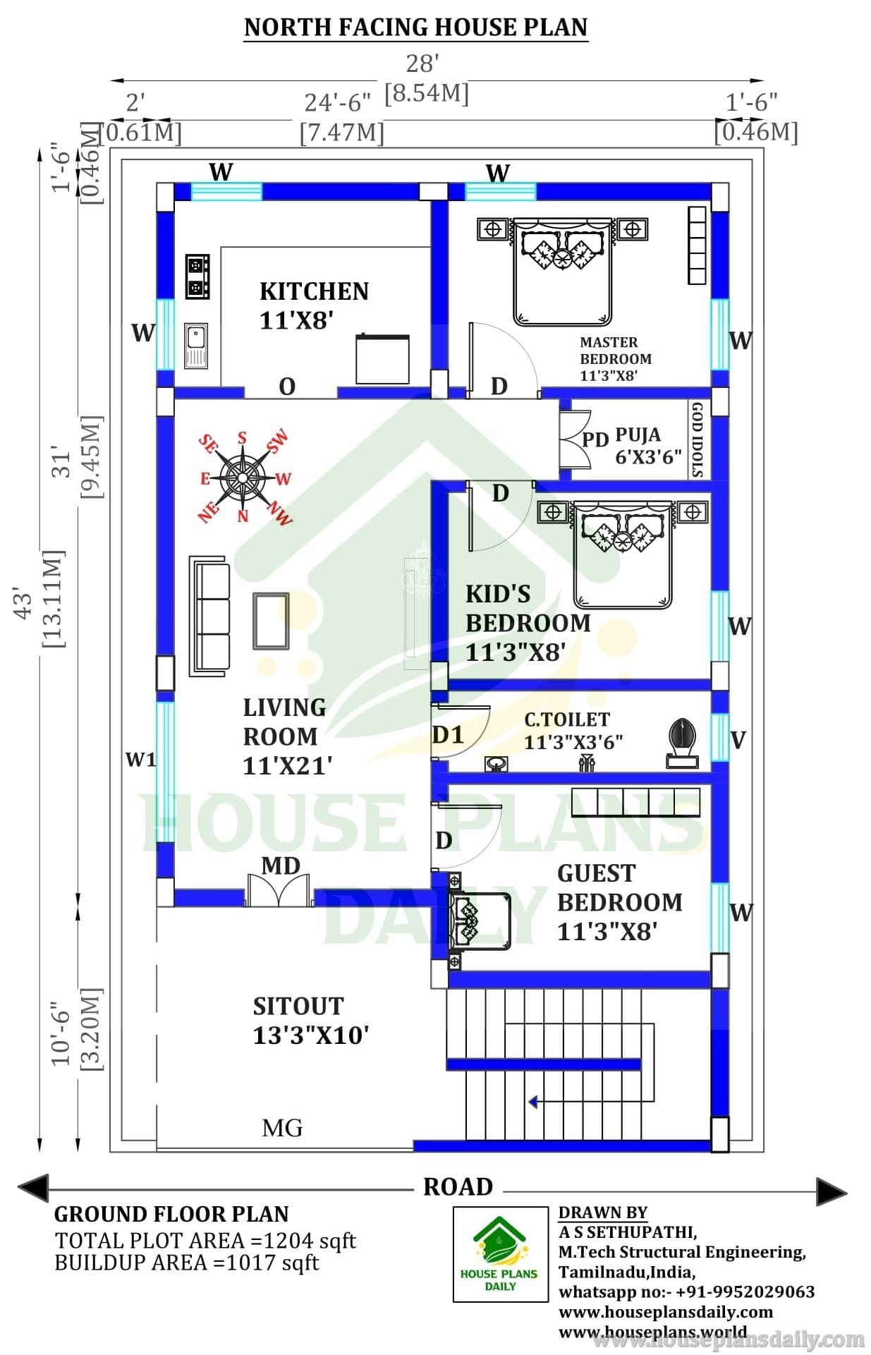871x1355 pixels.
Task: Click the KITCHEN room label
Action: [314, 291]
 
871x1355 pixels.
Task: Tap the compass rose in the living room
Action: [243, 478]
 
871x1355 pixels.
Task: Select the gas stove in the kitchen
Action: [197, 276]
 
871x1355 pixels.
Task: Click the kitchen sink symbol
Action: [196, 346]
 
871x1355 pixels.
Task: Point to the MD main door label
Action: [281, 865]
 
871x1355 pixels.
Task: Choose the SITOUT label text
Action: [298, 1006]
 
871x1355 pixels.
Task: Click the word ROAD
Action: [458, 1186]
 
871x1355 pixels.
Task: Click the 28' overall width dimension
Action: [422, 63]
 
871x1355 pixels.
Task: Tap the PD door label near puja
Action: [595, 439]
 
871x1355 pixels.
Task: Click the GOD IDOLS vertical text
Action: [698, 439]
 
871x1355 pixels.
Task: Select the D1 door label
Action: [448, 735]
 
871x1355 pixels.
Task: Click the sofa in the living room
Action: [209, 616]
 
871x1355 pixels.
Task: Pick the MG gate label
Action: [282, 1128]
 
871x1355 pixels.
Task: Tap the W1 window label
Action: [140, 759]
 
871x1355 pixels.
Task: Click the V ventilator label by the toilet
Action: [738, 740]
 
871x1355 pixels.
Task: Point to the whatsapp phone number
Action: [745, 1292]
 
